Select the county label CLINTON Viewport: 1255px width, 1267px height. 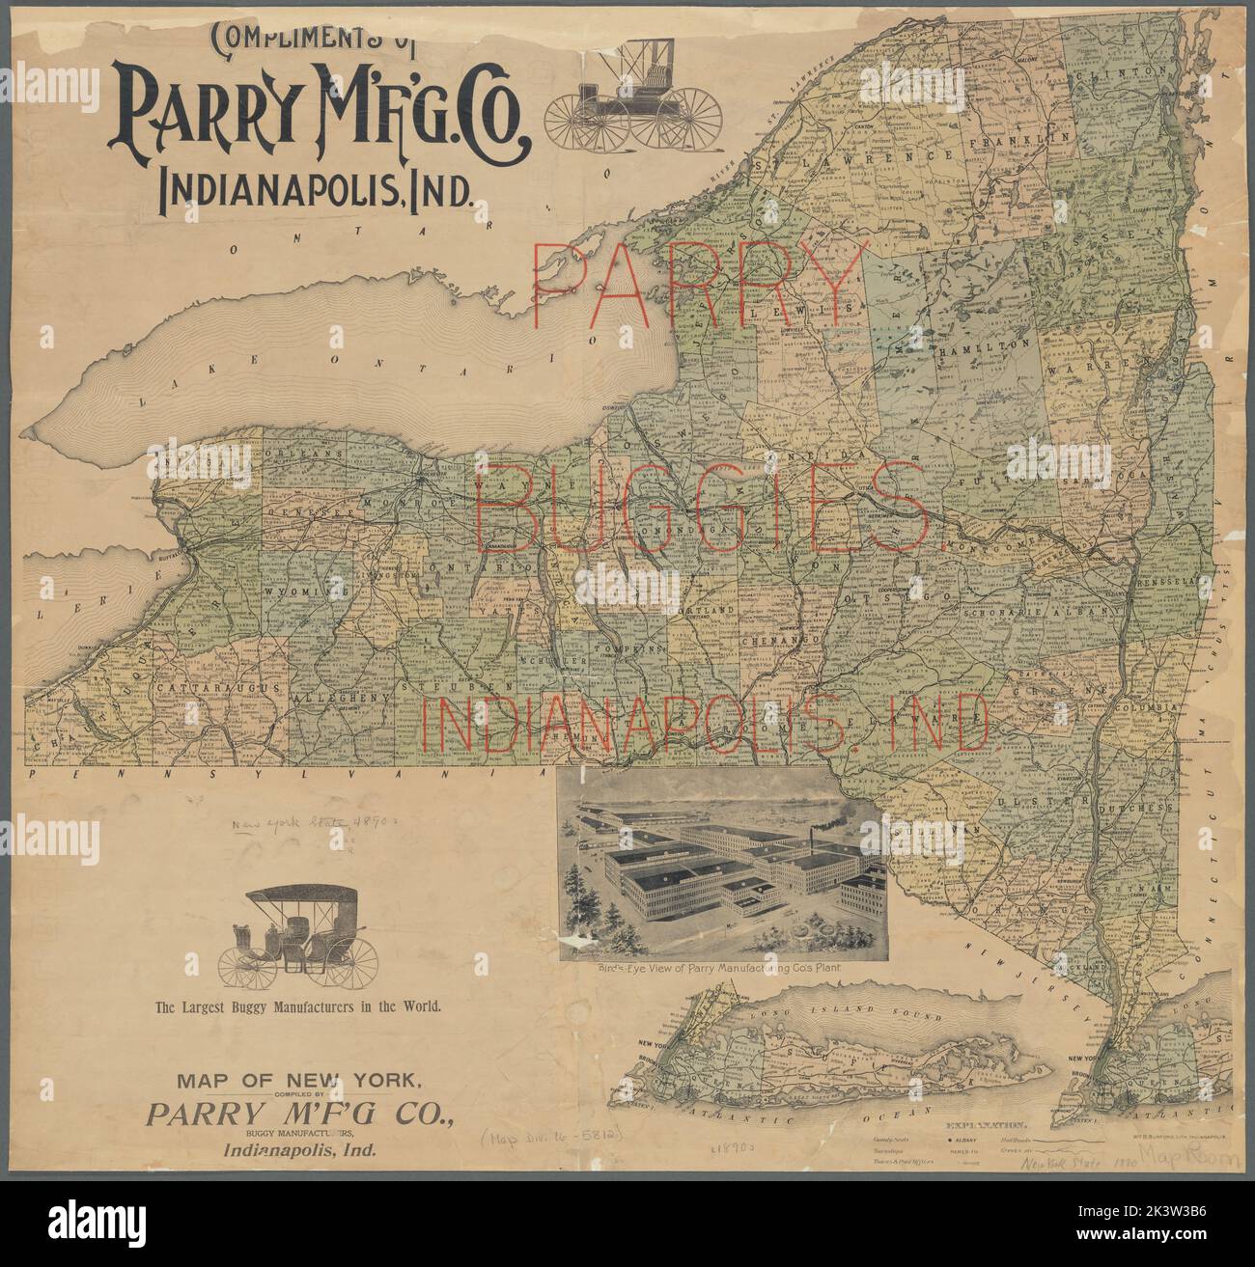point(1123,72)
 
